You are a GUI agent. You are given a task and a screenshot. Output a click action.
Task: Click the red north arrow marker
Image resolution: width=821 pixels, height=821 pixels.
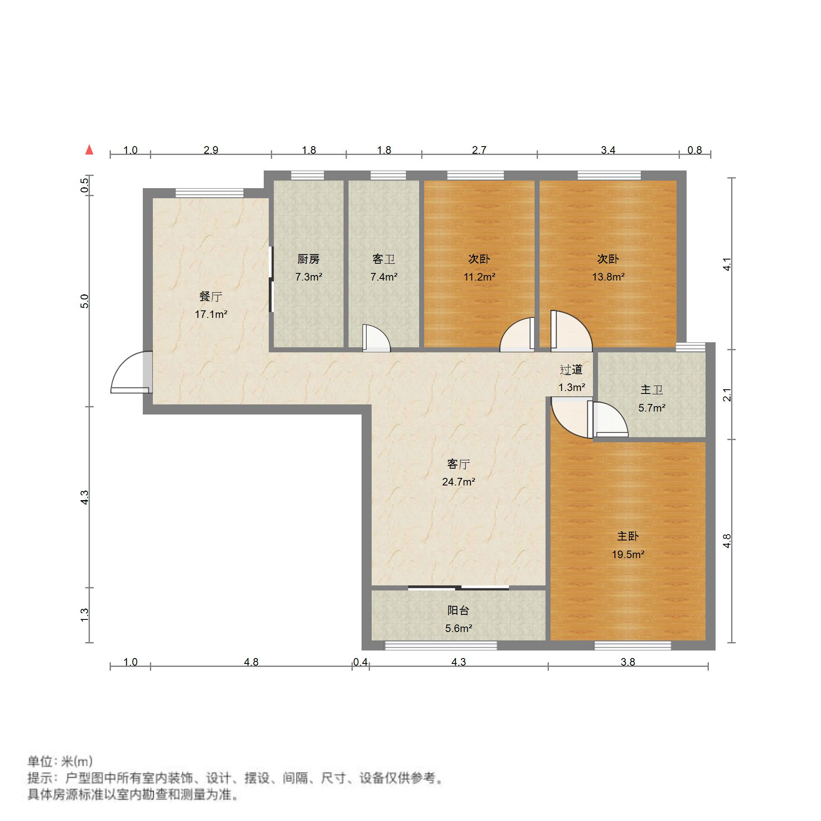(89, 150)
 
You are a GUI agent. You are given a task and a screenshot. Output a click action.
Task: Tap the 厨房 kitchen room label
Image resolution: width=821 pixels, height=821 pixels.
(308, 259)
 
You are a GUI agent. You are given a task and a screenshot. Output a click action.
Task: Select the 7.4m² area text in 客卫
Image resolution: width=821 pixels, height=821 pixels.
(383, 277)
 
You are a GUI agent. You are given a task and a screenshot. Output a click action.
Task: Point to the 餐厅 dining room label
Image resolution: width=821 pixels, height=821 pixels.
(211, 296)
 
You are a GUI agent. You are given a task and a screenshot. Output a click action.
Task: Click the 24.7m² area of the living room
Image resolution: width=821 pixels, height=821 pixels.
(459, 482)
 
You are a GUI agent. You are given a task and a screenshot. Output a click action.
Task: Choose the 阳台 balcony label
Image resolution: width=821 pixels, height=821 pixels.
(458, 611)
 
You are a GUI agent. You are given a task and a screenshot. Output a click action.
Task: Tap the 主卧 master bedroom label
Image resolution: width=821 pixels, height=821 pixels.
(628, 536)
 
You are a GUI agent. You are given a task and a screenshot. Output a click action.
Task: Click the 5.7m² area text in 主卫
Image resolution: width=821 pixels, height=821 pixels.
(651, 408)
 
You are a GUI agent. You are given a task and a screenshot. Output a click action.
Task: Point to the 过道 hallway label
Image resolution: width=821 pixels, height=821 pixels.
(571, 370)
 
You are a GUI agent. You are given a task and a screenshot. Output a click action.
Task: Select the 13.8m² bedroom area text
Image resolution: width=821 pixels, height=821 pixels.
(608, 277)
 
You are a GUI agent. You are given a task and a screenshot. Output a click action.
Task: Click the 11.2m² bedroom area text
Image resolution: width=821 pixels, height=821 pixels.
(479, 277)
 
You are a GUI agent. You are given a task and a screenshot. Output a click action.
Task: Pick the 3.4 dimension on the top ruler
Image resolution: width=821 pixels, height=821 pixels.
(608, 150)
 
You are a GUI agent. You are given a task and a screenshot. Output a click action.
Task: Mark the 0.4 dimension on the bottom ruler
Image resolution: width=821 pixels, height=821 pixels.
(360, 662)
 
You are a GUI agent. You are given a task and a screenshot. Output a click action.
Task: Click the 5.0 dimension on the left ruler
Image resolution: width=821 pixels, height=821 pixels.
(85, 301)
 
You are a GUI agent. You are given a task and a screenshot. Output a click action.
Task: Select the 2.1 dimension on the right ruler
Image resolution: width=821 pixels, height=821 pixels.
(727, 395)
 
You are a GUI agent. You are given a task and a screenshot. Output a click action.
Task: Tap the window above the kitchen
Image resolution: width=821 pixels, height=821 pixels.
(307, 175)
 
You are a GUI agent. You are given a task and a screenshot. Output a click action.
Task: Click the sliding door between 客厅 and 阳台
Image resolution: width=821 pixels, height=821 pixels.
(459, 588)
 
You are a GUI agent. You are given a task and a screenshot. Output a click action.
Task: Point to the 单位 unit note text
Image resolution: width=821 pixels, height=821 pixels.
(60, 761)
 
